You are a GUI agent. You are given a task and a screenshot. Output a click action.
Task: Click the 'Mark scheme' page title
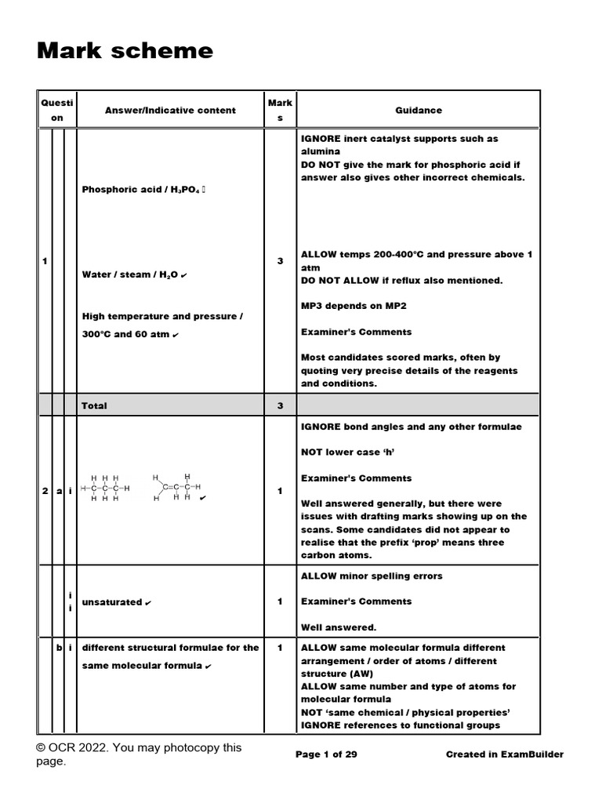click(x=125, y=51)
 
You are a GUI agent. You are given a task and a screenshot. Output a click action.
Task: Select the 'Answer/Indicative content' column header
click(x=170, y=111)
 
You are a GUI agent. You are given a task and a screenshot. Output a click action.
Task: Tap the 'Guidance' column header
click(x=419, y=111)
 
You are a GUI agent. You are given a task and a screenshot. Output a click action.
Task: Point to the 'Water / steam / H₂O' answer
click(x=130, y=274)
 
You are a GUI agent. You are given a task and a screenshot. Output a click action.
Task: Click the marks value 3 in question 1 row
click(x=280, y=260)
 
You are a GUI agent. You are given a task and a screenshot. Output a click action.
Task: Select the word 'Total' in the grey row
click(x=94, y=405)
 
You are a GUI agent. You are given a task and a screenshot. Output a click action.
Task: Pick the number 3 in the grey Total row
click(x=280, y=405)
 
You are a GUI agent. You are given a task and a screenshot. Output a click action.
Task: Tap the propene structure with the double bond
click(x=176, y=488)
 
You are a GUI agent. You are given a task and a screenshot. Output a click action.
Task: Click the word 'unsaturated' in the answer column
click(x=112, y=602)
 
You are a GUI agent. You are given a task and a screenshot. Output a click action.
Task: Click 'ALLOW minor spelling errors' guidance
click(x=372, y=576)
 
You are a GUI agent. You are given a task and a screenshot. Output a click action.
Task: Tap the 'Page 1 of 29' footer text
click(x=326, y=754)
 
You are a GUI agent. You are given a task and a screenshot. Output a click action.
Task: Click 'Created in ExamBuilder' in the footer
click(x=504, y=754)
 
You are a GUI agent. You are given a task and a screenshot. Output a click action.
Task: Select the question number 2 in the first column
click(x=44, y=491)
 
